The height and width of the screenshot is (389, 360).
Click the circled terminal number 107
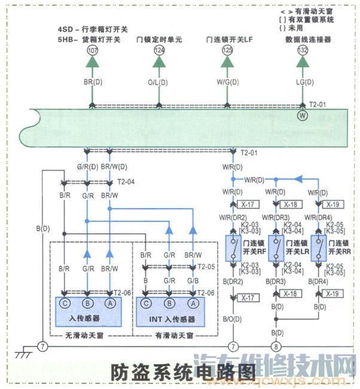92,52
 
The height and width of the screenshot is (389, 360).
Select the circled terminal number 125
227,52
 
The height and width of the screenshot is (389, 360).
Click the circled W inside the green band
303,115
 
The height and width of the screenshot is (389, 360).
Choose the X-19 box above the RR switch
334,205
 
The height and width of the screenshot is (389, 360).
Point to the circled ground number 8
276,345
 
